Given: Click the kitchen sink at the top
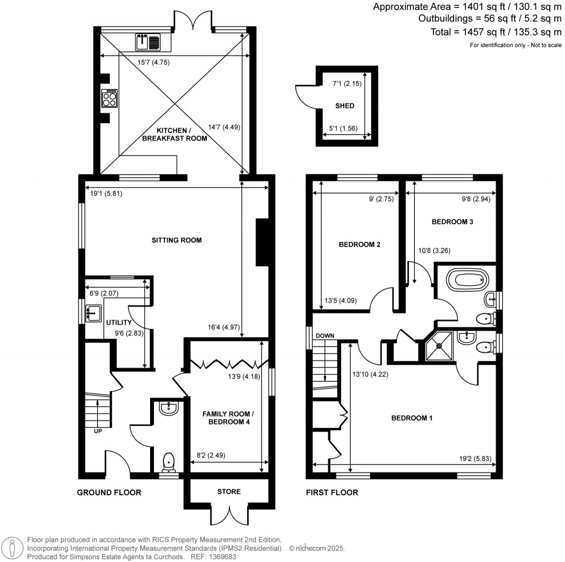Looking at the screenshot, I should (x=147, y=41).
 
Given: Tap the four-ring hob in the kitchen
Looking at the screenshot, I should (x=109, y=98).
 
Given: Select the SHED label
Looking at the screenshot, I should (x=344, y=105).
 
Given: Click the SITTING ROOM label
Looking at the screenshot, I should (x=177, y=240).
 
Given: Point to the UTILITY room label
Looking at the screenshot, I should (x=119, y=322).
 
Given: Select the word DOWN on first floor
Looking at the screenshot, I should (x=324, y=336).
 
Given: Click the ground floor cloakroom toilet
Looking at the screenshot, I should (x=169, y=460).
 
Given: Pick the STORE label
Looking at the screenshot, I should (x=229, y=492).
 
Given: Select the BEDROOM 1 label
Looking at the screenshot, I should (x=412, y=418).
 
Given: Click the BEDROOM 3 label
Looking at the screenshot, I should (x=452, y=221).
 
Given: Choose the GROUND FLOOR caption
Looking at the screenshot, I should (x=109, y=492).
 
